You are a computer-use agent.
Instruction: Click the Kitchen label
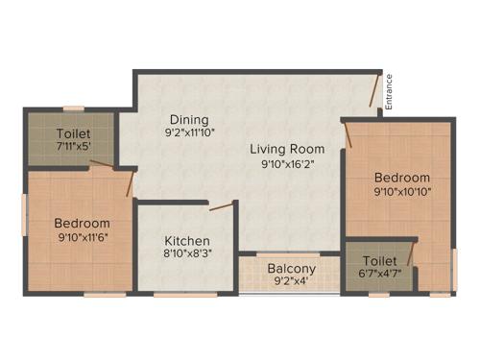186,241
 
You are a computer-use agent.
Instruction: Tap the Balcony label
291,269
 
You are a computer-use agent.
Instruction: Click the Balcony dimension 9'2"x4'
291,283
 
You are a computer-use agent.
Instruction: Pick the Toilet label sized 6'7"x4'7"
380,261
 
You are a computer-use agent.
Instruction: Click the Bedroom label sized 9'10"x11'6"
82,224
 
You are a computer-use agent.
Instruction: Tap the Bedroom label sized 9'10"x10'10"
401,178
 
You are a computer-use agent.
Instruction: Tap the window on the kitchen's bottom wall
184,295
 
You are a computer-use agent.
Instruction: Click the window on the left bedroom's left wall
24,214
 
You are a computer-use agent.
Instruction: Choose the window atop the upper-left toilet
73,108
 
